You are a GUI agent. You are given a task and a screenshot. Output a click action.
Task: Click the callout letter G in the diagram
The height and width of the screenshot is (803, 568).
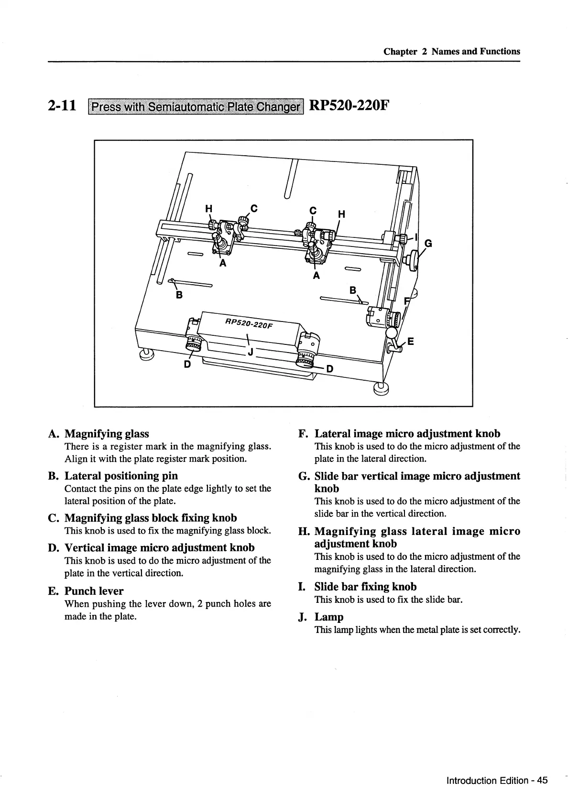pos(428,243)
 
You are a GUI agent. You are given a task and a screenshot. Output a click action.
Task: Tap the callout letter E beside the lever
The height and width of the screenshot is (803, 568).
pos(410,341)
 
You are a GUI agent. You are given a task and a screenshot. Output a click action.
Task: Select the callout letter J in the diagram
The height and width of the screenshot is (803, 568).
pos(250,353)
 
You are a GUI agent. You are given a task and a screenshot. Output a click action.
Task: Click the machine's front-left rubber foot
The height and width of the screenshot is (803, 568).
pos(147,354)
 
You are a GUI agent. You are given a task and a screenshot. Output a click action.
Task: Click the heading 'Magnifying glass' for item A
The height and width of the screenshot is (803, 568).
pos(107,434)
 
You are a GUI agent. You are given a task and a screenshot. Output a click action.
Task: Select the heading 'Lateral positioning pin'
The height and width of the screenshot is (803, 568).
pos(121,476)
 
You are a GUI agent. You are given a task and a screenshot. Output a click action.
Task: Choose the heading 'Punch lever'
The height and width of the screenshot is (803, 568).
pos(94,591)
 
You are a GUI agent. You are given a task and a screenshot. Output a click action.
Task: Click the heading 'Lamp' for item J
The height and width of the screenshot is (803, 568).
pos(329,617)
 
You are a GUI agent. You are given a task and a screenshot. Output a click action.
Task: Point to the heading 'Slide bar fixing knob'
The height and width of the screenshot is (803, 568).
pos(365,587)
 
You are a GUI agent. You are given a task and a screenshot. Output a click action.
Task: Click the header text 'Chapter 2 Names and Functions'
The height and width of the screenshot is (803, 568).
pos(451,52)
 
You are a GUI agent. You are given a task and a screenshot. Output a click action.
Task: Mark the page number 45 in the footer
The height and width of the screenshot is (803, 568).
pos(542,781)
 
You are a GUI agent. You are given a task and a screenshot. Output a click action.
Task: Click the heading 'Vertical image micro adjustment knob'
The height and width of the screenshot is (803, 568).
pos(159,547)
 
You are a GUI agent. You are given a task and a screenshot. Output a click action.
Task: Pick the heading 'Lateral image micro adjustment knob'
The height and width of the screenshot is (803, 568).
pos(407,434)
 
